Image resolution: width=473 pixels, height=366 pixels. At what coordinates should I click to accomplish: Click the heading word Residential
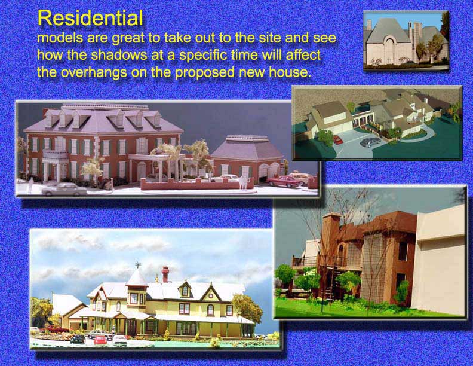(90, 18)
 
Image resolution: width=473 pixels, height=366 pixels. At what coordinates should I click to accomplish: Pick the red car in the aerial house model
(338, 139)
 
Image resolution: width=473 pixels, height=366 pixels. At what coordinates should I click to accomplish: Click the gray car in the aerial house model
(370, 142)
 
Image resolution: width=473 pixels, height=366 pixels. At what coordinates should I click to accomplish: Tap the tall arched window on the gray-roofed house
(389, 49)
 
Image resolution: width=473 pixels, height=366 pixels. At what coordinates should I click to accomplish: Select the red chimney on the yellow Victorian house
(165, 274)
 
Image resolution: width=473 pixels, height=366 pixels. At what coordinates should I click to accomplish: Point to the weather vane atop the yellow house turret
(138, 265)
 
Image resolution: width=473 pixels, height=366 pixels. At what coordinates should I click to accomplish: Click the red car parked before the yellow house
(101, 340)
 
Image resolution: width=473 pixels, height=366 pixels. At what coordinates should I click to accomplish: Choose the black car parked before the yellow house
(78, 339)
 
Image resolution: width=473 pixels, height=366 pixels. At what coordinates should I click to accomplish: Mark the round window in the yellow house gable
(210, 292)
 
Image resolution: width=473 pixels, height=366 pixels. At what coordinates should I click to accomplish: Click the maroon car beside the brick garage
(284, 181)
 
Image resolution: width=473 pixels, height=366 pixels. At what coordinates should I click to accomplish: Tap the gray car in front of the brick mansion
(64, 189)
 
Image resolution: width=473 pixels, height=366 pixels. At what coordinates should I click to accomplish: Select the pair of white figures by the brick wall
(243, 182)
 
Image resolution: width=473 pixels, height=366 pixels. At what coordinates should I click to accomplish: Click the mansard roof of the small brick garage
(247, 147)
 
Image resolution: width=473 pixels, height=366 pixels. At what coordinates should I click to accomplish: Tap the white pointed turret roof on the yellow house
(137, 278)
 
